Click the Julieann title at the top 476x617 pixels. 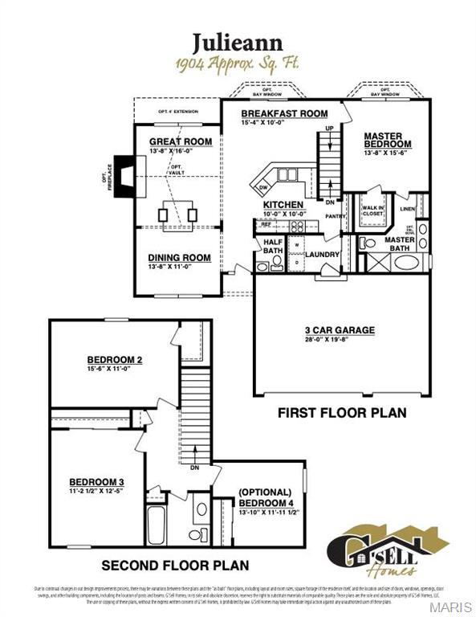click(x=238, y=41)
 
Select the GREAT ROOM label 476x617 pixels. click(x=181, y=141)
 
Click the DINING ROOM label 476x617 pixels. click(x=179, y=258)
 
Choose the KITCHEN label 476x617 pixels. click(x=283, y=205)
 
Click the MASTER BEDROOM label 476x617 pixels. click(x=388, y=141)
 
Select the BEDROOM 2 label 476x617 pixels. click(x=115, y=359)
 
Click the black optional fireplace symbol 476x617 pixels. click(x=124, y=174)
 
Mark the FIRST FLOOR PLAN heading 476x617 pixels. click(x=341, y=413)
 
